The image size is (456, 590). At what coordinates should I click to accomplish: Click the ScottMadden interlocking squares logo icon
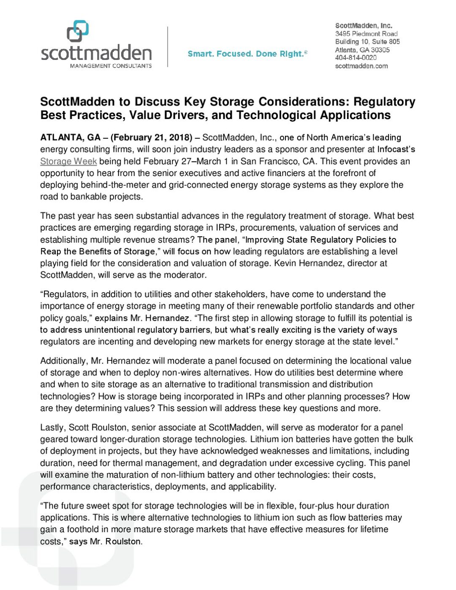(78, 31)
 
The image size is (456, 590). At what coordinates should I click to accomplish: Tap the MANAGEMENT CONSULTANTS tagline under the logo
(111, 66)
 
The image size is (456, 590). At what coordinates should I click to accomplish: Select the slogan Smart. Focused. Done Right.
(247, 54)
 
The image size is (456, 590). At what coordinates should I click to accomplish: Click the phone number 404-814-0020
(356, 57)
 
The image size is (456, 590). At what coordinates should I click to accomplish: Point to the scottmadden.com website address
(361, 66)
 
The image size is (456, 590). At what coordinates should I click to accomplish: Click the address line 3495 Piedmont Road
(366, 33)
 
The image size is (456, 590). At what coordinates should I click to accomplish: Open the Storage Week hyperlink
(68, 161)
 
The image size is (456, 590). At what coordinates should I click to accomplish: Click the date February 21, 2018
(151, 138)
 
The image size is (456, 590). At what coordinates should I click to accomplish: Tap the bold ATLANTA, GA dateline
(70, 138)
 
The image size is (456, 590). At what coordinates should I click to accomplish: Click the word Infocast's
(396, 149)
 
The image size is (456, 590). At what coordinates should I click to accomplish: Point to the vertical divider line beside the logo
(168, 46)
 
